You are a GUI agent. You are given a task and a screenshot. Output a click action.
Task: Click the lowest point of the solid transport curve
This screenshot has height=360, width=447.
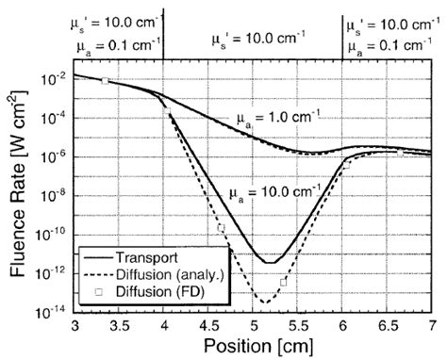pos(268,262)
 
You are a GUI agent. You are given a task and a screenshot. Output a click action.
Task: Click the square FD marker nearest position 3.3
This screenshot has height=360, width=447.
pos(105,81)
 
